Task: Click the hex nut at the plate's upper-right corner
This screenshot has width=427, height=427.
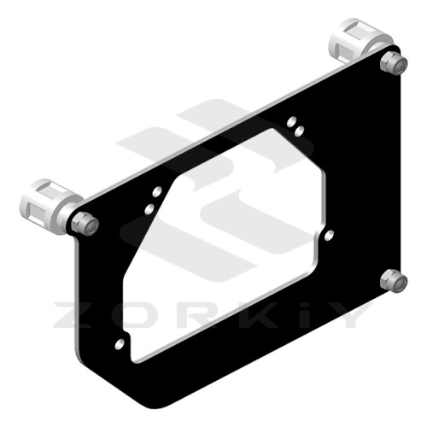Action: (394, 63)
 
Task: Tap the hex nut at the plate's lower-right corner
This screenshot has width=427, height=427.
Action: (394, 281)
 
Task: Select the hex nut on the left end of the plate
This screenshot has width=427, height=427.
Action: (85, 224)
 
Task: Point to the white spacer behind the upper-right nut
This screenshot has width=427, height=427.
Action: (360, 40)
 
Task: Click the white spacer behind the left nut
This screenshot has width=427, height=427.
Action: (50, 206)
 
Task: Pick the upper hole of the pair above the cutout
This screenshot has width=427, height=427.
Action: (291, 122)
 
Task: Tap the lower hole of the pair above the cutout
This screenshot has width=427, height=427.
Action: (299, 131)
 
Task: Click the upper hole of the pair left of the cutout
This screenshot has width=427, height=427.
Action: (157, 191)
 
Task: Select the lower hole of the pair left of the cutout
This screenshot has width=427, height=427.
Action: (149, 209)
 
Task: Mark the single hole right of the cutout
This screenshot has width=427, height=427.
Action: (329, 235)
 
